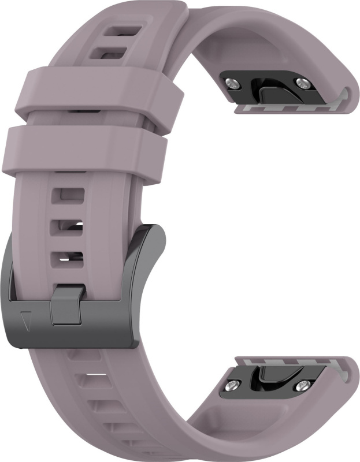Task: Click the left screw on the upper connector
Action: tap(232, 83)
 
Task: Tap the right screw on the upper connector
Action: tap(301, 84)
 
